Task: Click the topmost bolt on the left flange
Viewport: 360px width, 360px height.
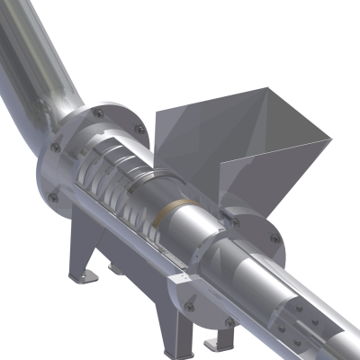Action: pyautogui.click(x=97, y=112)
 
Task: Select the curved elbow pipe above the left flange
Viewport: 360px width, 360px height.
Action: pyautogui.click(x=45, y=81)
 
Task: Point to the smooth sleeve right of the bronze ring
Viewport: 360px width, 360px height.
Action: pyautogui.click(x=202, y=225)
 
